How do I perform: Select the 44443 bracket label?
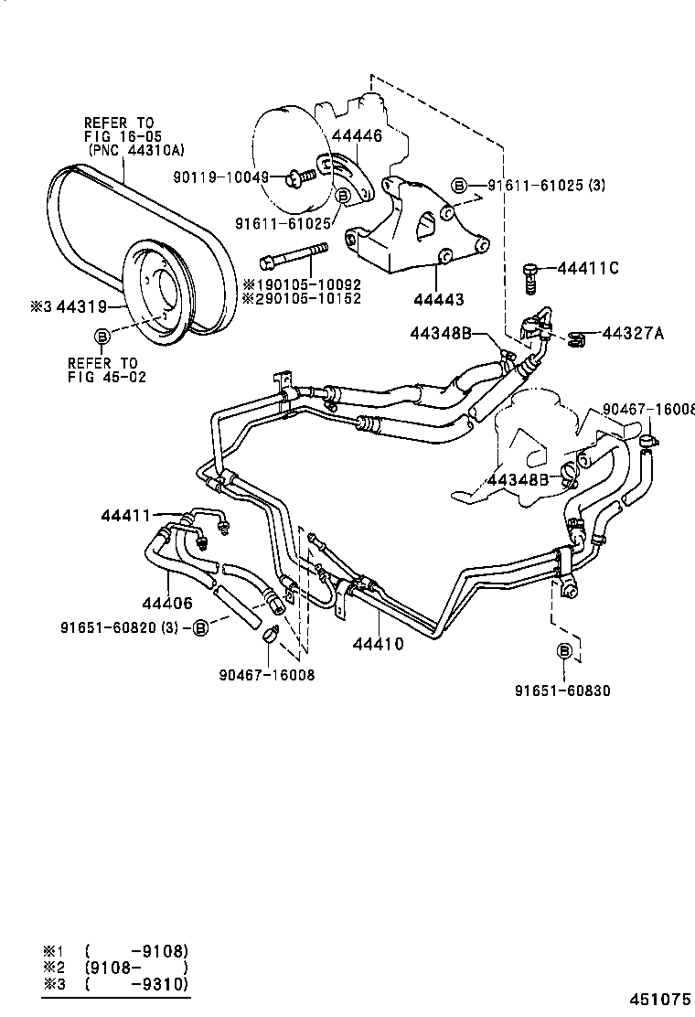tap(438, 299)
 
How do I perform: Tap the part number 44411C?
tap(588, 268)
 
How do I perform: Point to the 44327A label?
tap(633, 333)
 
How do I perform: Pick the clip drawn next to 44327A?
tap(574, 339)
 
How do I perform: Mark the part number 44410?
tap(378, 644)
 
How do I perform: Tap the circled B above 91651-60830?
tap(564, 651)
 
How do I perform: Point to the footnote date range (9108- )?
tap(136, 967)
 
